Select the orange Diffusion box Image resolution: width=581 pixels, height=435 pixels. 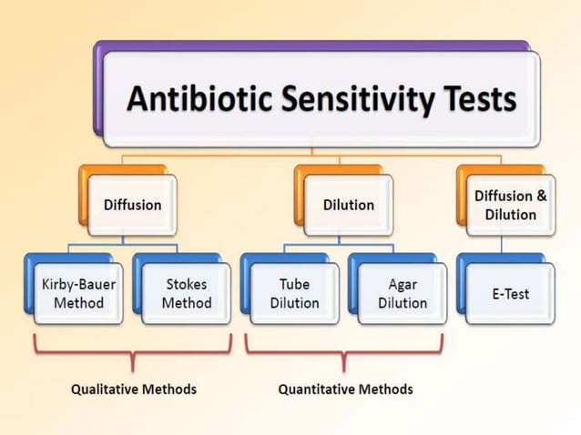131,205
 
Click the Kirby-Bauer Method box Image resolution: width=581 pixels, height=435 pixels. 78,293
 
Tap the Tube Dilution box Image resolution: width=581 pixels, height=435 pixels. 294,293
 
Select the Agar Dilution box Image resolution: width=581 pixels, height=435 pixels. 402,293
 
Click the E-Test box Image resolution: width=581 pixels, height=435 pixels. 510,294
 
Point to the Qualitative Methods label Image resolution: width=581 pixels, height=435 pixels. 134,389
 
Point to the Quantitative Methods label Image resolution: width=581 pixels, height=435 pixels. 345,389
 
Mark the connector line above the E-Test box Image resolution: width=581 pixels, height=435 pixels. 502,244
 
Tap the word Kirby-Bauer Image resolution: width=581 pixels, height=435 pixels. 78,284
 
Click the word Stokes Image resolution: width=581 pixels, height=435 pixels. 186,284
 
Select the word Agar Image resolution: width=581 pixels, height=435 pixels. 402,284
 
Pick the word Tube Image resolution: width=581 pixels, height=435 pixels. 294,284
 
